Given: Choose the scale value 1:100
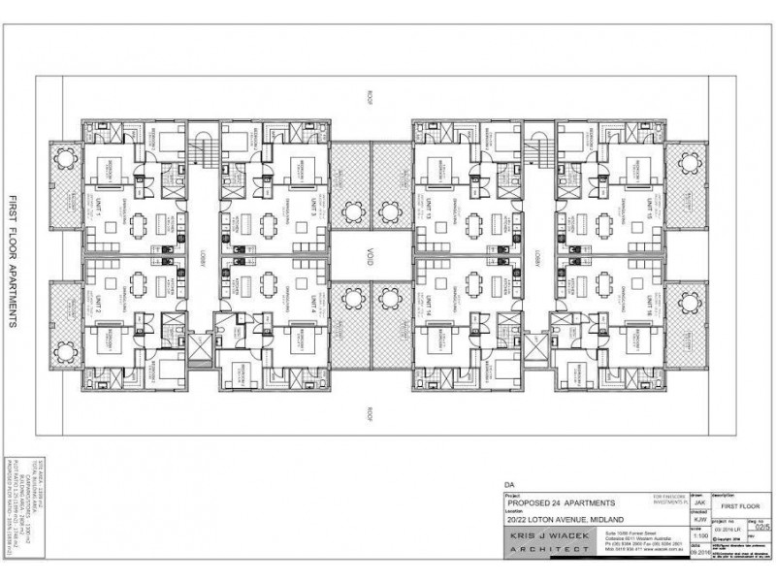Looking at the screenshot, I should [700, 534].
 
